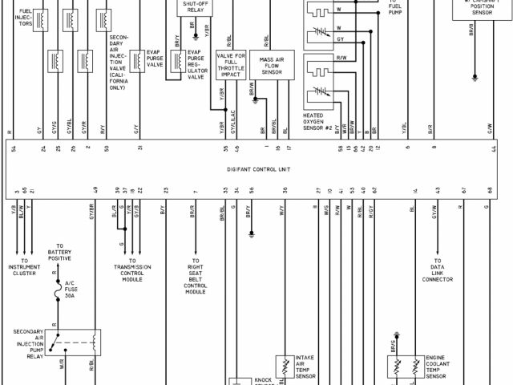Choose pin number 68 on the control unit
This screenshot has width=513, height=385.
[489, 190]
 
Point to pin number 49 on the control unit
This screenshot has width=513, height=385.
[95, 190]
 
